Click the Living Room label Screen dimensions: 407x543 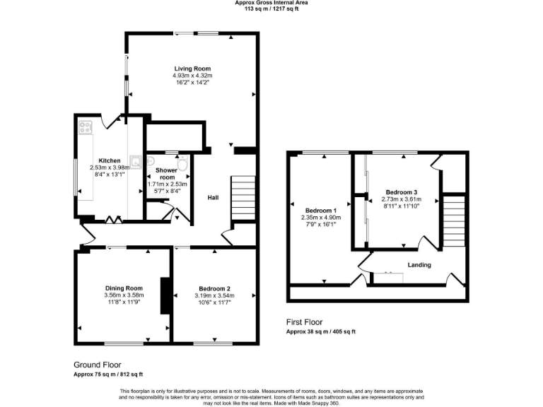193,69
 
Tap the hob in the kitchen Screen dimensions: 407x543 86,127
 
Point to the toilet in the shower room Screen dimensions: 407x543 182,165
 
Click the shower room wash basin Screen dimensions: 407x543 151,162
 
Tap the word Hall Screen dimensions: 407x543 212,198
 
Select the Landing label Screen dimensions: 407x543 419,265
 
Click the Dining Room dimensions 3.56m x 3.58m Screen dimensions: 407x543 124,295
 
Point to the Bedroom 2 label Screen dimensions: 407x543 214,288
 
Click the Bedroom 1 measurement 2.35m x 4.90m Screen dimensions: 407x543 320,218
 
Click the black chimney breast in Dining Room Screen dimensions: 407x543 165,295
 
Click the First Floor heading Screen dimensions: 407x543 305,322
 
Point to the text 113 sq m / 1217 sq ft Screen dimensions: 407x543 271,9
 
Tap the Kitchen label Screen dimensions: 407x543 109,160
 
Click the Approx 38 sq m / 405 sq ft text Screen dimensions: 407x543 320,331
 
